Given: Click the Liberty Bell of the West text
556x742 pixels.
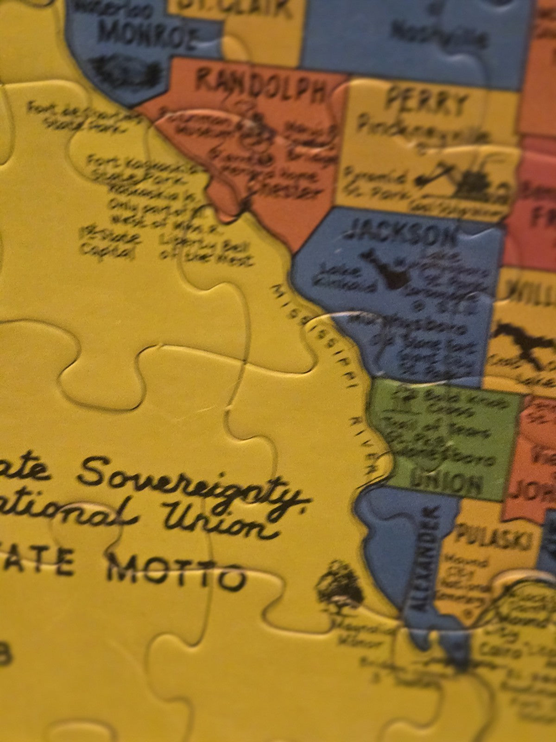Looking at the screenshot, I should [206, 248].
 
